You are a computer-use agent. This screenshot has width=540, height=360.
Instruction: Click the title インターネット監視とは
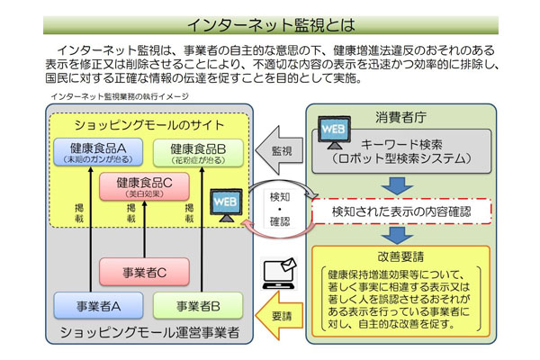pos(270,22)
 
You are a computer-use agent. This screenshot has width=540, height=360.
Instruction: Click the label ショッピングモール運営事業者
pos(149,333)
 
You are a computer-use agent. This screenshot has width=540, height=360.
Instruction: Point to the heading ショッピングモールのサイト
pos(148,124)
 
